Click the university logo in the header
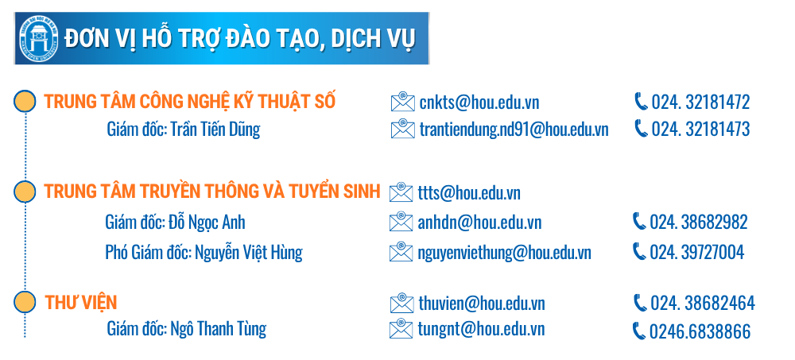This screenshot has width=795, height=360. (x=38, y=38)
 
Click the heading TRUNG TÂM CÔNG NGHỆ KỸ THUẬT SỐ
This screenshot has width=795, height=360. (x=190, y=101)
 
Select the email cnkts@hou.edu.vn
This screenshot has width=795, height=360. (x=479, y=103)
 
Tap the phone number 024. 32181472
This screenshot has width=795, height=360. (x=700, y=103)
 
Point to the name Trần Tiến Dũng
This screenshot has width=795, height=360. (x=215, y=129)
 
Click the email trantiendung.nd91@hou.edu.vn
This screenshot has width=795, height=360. (x=514, y=130)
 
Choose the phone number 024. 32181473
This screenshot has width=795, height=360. (x=700, y=130)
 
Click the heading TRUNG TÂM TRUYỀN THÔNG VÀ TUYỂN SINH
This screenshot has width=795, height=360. (x=212, y=191)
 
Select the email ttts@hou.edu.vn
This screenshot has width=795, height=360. (x=470, y=193)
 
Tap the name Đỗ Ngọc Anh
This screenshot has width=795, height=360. (x=207, y=222)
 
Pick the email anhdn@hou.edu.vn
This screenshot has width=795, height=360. (x=479, y=223)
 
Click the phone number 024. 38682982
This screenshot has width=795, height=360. (x=699, y=222)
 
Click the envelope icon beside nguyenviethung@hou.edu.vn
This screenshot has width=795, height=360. (x=401, y=251)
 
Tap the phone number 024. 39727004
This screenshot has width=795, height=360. (x=697, y=252)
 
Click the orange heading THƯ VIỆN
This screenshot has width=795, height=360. (x=81, y=302)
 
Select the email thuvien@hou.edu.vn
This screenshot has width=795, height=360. (x=482, y=304)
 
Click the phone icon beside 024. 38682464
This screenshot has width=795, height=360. (x=640, y=303)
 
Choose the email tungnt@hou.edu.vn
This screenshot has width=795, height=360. (x=481, y=330)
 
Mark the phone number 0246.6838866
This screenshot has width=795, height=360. (x=700, y=331)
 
